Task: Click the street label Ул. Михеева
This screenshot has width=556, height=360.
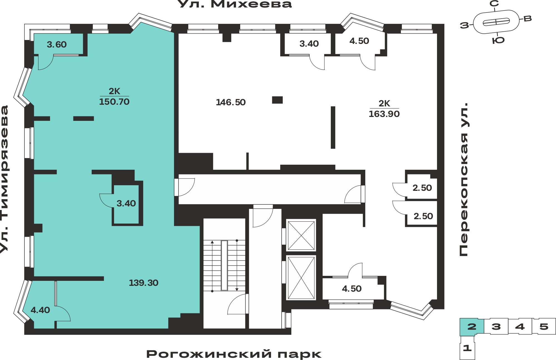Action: [234, 4]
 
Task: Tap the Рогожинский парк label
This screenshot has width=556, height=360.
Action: [234, 354]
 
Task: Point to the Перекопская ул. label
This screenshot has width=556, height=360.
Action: [464, 179]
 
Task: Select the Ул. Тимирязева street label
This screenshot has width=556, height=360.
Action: [4, 179]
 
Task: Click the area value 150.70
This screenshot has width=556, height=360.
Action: [114, 102]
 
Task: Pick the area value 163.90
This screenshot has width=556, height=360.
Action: [384, 114]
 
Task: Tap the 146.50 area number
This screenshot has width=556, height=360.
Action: [231, 102]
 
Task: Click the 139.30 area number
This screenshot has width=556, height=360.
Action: [143, 283]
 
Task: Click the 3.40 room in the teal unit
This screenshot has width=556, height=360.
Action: [126, 204]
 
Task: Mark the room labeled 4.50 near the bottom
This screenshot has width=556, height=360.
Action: [352, 289]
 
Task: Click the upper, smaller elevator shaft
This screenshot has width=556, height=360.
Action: [301, 236]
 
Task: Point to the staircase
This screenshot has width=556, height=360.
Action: [224, 266]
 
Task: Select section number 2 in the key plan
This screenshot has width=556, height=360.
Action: [472, 326]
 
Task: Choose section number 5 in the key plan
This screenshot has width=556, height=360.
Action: [544, 326]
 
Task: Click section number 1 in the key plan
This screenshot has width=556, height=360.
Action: [467, 348]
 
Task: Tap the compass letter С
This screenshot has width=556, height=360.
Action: [494, 4]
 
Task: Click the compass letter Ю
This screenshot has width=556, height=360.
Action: [498, 41]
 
